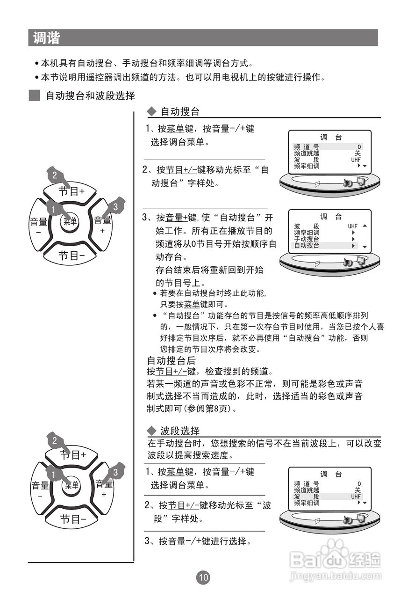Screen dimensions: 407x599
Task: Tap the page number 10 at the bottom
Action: [x=203, y=577]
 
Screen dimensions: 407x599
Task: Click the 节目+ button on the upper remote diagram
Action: [x=71, y=191]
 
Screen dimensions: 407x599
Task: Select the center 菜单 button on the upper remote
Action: [x=70, y=222]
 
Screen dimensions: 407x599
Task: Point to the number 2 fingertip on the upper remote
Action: [x=55, y=176]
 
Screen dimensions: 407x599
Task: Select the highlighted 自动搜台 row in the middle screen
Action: [x=322, y=245]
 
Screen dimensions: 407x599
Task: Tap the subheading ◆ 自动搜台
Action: [x=173, y=112]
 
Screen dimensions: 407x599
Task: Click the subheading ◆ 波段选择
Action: [x=173, y=431]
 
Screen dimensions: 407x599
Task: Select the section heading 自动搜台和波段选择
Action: [x=90, y=96]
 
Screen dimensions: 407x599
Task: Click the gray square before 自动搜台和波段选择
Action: [x=34, y=96]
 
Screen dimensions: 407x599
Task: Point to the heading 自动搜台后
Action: [x=171, y=361]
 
